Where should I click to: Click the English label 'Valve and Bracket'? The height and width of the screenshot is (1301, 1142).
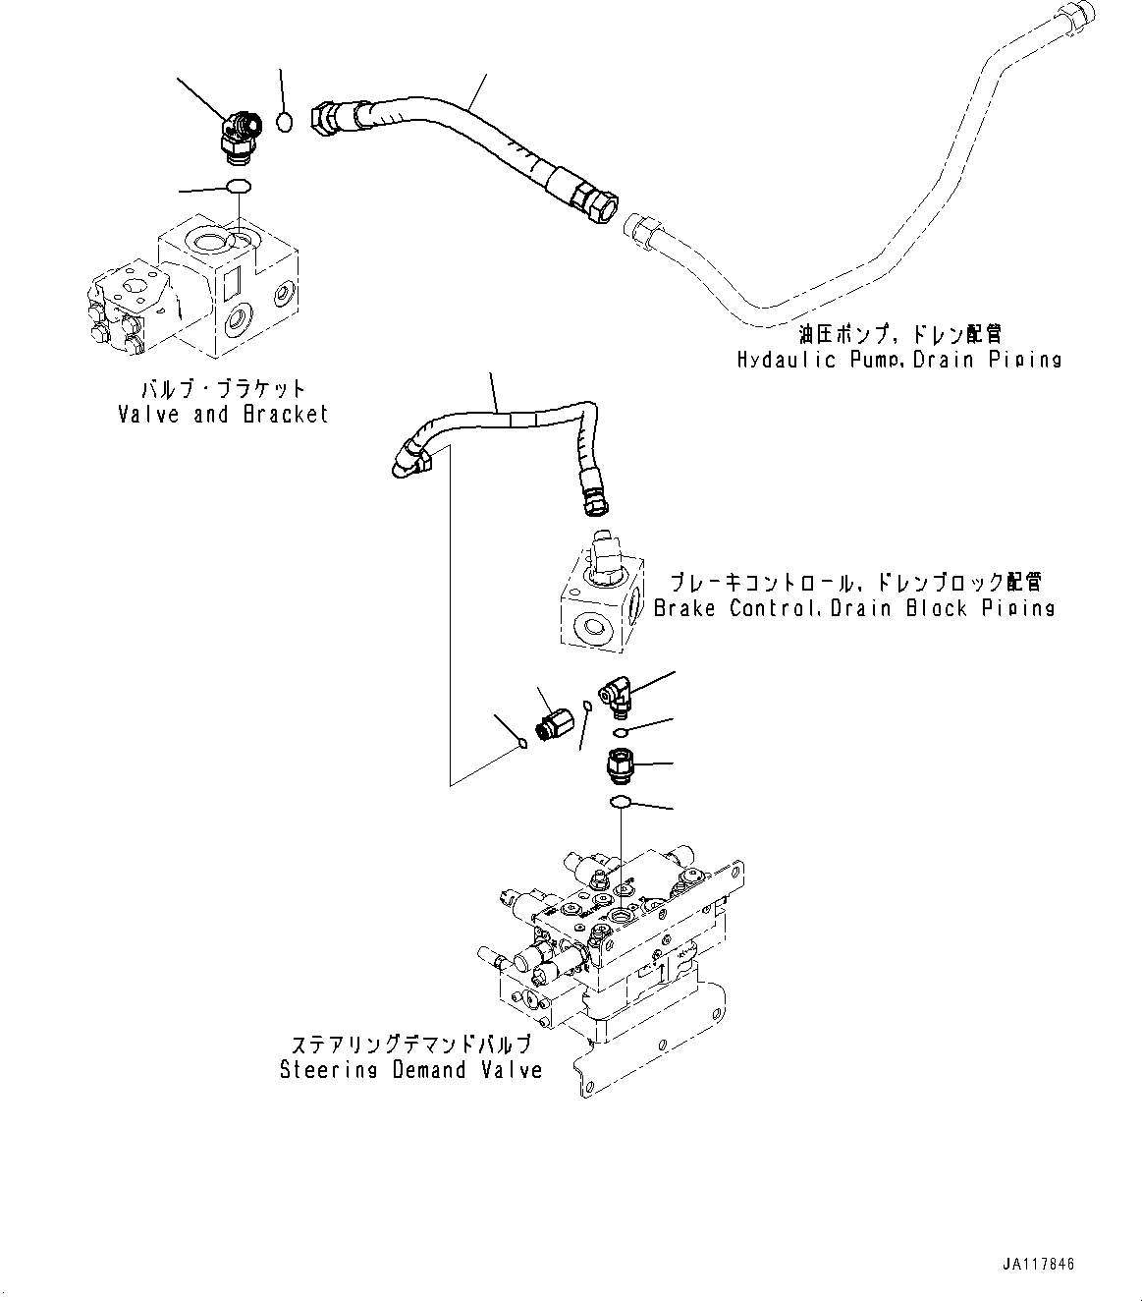tap(223, 415)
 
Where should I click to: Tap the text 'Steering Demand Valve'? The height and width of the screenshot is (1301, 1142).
tap(411, 1070)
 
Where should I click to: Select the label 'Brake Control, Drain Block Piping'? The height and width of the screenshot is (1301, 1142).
tap(854, 608)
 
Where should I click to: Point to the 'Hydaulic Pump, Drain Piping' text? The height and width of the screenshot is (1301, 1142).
tap(899, 360)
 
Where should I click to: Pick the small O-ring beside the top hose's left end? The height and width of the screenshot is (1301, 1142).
tap(284, 123)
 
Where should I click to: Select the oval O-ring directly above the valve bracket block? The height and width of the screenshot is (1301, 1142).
tap(239, 187)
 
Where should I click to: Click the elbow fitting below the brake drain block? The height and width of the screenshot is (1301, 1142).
tap(616, 699)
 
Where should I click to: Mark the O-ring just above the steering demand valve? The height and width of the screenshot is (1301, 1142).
tap(620, 803)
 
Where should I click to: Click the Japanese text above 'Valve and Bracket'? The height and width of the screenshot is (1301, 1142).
tap(223, 389)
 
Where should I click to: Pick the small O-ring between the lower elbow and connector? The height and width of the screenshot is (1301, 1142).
tap(620, 733)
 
